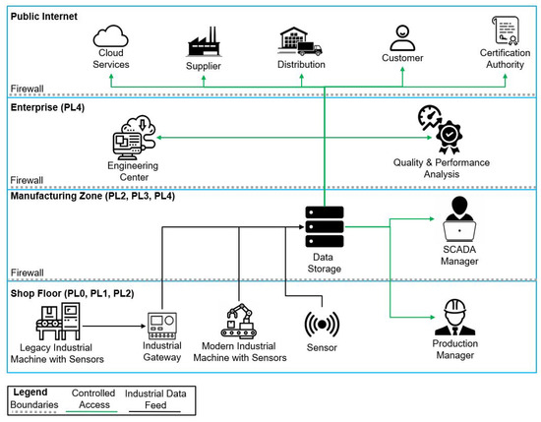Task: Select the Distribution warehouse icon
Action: tap(302, 40)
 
